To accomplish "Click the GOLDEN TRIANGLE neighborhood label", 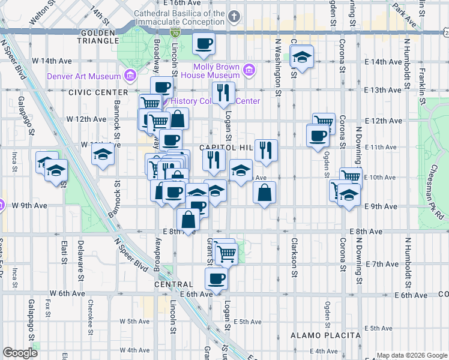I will tap(98, 36).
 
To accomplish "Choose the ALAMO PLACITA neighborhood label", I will tap(325, 335).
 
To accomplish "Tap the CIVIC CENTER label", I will tap(98, 92).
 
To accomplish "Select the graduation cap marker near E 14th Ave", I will tap(301, 58).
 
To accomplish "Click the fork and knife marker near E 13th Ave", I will tap(223, 92).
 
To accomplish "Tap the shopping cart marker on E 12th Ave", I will tap(324, 122).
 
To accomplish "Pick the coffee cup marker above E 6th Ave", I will tap(216, 278).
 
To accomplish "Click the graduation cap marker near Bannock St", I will tap(103, 154).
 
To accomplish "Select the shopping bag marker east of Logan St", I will tap(264, 193).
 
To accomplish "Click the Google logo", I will tap(20, 353).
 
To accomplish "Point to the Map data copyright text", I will tap(411, 355).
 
